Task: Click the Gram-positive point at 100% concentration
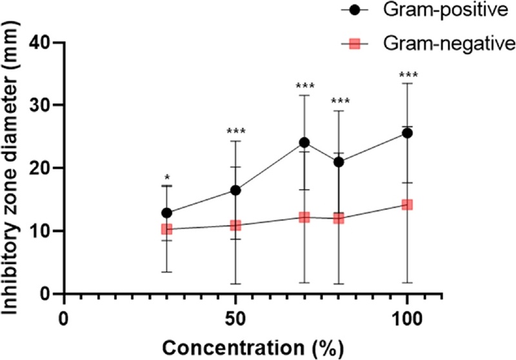click(408, 134)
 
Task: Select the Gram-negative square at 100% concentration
click(408, 205)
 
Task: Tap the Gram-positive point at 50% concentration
click(235, 190)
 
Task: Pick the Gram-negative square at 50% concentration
click(235, 225)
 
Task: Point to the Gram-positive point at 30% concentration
click(167, 213)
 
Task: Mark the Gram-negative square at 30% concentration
click(167, 228)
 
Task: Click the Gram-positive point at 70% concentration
click(304, 143)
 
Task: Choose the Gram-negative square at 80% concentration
click(339, 218)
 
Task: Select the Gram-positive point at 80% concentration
click(339, 162)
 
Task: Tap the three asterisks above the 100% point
click(408, 75)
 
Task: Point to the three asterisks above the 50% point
click(236, 132)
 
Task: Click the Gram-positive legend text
click(446, 10)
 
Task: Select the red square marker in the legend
click(354, 43)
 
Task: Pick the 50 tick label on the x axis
click(235, 319)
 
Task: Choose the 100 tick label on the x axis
click(408, 319)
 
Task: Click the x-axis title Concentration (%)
click(253, 348)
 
